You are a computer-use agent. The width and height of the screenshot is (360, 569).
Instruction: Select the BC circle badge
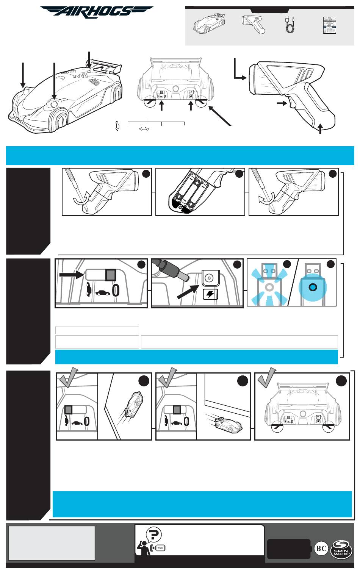321,549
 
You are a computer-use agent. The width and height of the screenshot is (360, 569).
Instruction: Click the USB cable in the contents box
290,24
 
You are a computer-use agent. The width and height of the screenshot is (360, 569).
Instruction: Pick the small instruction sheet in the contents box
330,25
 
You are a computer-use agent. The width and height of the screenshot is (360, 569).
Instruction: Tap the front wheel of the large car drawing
59,119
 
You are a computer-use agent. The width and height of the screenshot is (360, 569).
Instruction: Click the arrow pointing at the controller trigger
282,103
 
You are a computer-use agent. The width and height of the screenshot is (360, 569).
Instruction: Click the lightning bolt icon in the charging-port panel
210,294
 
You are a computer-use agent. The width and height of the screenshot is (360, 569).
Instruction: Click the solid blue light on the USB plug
313,287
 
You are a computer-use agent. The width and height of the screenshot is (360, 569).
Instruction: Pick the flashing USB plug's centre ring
269,287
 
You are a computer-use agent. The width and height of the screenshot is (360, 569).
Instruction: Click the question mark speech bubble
154,534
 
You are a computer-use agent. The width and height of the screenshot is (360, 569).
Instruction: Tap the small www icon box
160,548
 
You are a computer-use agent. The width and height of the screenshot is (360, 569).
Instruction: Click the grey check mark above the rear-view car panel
266,377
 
